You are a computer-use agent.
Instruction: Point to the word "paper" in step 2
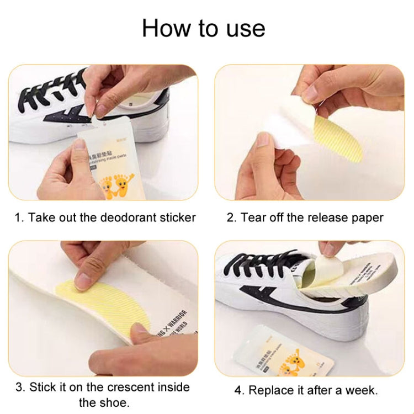367,217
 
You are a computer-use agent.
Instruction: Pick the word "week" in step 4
360,390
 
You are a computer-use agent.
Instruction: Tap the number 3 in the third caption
19,386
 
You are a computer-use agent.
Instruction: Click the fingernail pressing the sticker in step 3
83,282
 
